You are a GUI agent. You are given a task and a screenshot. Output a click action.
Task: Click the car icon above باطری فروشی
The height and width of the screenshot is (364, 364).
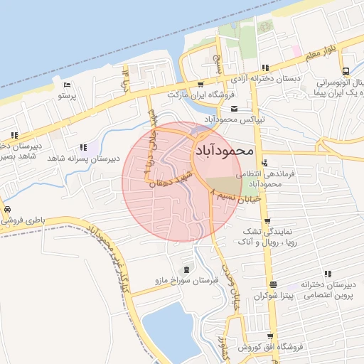click(6, 210)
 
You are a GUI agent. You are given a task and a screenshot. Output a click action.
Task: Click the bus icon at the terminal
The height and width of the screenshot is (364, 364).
click(345, 71)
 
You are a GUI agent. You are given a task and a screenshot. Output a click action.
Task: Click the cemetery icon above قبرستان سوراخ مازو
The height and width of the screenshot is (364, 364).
click(186, 269)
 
